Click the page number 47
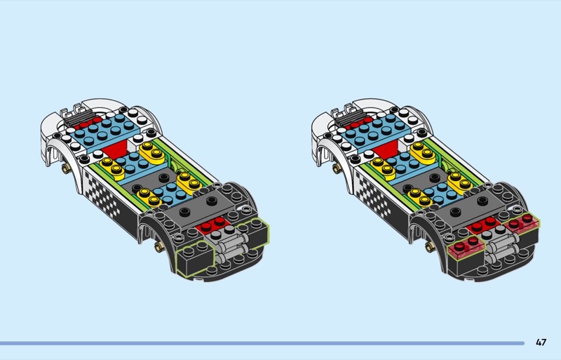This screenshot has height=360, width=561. (x=541, y=342)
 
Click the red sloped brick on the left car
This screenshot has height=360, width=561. (x=115, y=147)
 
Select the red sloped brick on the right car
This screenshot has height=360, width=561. (x=386, y=147)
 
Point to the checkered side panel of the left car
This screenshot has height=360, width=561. (x=103, y=194)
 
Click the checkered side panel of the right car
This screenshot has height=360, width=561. (x=374, y=194)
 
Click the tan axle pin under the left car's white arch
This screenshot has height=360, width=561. (x=65, y=168)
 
